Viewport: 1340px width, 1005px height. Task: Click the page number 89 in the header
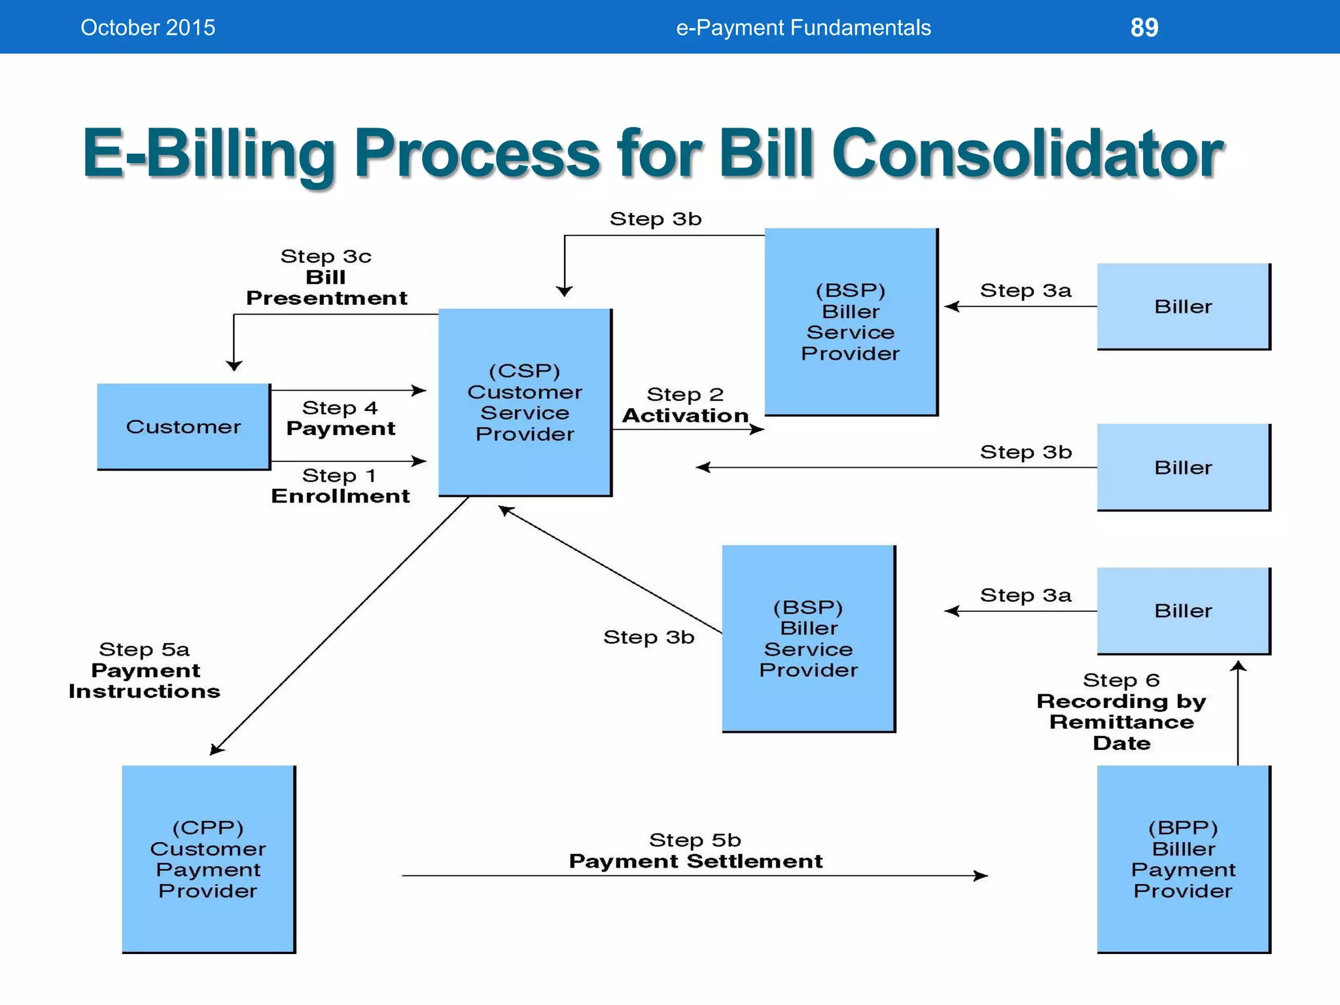click(x=1144, y=27)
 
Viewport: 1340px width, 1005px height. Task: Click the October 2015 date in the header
click(x=148, y=27)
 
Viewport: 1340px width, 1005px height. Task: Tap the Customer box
click(x=183, y=427)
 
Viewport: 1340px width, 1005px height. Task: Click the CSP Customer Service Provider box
click(x=525, y=402)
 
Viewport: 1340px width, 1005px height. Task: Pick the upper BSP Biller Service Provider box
click(x=851, y=322)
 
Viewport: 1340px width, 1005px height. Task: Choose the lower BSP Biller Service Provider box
click(x=808, y=639)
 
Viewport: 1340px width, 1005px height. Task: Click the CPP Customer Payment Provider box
click(x=208, y=859)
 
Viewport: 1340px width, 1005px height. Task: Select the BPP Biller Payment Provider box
click(x=1183, y=859)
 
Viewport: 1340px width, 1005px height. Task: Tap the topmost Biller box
click(x=1183, y=306)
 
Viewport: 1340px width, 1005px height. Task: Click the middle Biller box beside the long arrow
click(x=1183, y=467)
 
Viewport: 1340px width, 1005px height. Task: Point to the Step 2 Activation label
click(x=685, y=405)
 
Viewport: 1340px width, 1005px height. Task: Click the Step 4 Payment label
click(x=340, y=418)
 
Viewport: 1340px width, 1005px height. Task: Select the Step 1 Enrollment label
click(x=340, y=485)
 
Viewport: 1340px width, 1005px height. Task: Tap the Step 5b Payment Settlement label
click(x=696, y=851)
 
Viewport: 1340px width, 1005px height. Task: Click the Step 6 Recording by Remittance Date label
click(x=1121, y=712)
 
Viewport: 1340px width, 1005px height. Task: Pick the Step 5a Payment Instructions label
click(x=145, y=671)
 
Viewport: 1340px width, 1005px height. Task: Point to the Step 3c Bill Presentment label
click(x=326, y=277)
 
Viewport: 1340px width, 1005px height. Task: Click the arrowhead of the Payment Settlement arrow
click(x=981, y=875)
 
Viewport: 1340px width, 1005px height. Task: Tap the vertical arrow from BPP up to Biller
click(x=1238, y=713)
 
